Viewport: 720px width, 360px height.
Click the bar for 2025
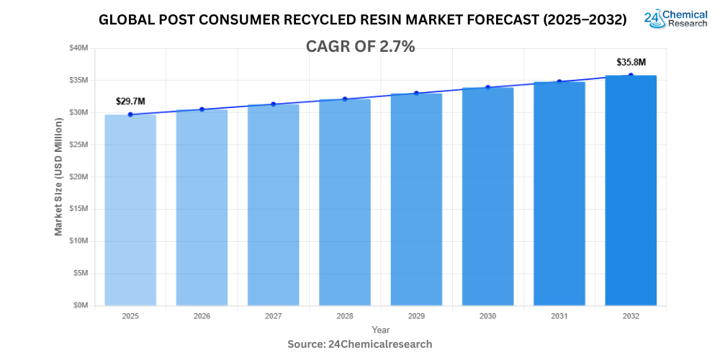pos(130,210)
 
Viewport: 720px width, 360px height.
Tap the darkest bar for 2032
pos(631,190)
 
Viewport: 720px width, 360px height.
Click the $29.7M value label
pos(130,102)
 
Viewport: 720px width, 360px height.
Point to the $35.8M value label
pos(631,62)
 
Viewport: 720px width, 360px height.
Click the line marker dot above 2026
pos(202,109)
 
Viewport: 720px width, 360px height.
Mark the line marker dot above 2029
pos(416,93)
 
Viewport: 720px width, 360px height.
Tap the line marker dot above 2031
pos(559,82)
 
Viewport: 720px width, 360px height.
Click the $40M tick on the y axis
pos(78,48)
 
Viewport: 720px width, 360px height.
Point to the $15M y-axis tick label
pos(78,209)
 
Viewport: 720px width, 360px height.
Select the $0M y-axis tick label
pos(80,305)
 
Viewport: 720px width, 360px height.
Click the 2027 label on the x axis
pos(273,316)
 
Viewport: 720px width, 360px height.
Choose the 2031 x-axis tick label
pos(559,316)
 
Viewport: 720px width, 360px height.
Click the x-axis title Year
pos(381,330)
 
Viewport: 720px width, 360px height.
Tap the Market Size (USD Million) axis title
pos(58,176)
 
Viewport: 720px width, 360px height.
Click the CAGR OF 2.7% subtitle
pos(360,47)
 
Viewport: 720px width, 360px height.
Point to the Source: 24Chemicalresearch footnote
pos(360,344)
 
